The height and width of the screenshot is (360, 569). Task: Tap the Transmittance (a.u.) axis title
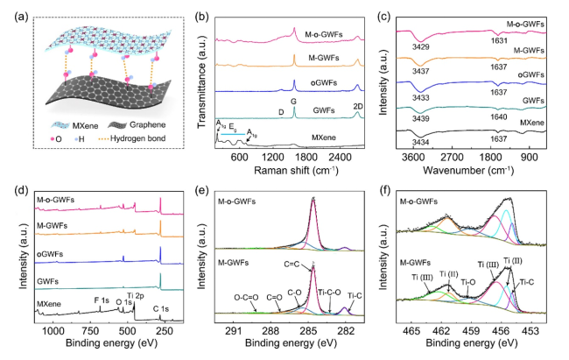(x=205, y=86)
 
